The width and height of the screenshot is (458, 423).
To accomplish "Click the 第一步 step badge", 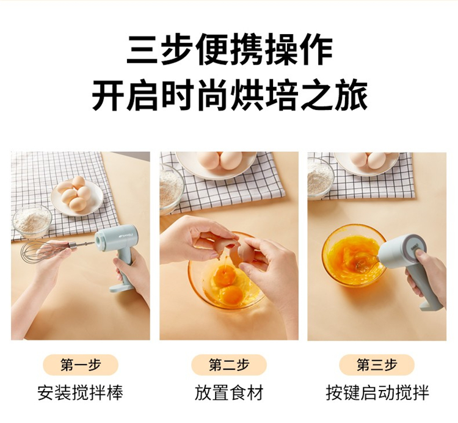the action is (x=81, y=365).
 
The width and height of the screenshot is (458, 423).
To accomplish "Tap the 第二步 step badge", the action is (x=229, y=365).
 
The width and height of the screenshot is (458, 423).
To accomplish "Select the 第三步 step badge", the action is (x=377, y=365).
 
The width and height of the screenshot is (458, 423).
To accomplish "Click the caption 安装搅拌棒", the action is (x=81, y=392).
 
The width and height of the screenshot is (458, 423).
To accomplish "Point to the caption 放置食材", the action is (x=229, y=392).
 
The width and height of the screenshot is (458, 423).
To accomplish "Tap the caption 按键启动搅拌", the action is (x=377, y=392).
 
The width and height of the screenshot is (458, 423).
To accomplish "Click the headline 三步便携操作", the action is (x=229, y=49).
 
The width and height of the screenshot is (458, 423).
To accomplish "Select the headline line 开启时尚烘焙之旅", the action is (x=229, y=96).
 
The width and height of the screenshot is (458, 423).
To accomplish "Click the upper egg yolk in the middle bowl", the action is (x=223, y=275).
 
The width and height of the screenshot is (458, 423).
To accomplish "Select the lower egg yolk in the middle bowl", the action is (x=231, y=294).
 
